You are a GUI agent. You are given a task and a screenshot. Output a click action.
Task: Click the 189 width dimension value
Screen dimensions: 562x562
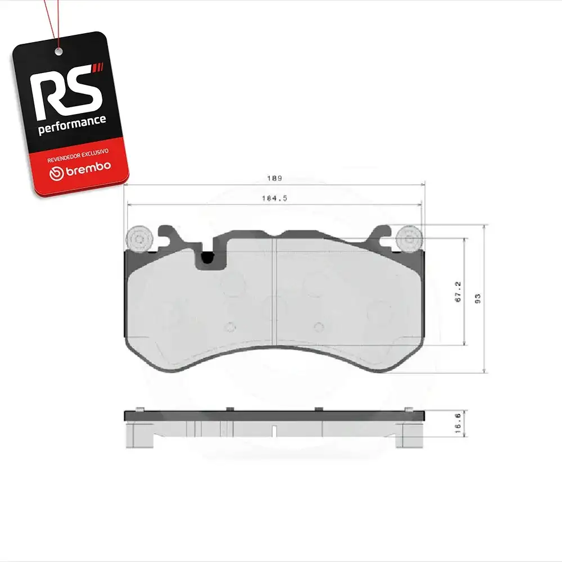point(275,178)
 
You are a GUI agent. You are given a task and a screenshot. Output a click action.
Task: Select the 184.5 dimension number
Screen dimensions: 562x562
point(275,198)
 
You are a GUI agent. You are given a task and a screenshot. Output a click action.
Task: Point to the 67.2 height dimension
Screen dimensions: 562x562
point(458,292)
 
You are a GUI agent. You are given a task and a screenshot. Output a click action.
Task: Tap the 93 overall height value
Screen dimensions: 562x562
point(478,298)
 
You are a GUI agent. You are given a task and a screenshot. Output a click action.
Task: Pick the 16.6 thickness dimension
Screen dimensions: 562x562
point(458,423)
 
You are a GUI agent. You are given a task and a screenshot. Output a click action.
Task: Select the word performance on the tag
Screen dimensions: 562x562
point(72,125)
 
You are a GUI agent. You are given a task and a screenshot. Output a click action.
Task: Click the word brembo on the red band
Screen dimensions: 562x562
point(88,168)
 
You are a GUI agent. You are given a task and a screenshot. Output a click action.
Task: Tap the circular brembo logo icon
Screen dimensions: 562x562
point(56,174)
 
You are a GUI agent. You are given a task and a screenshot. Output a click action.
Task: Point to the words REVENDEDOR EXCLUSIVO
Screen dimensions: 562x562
point(78,156)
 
